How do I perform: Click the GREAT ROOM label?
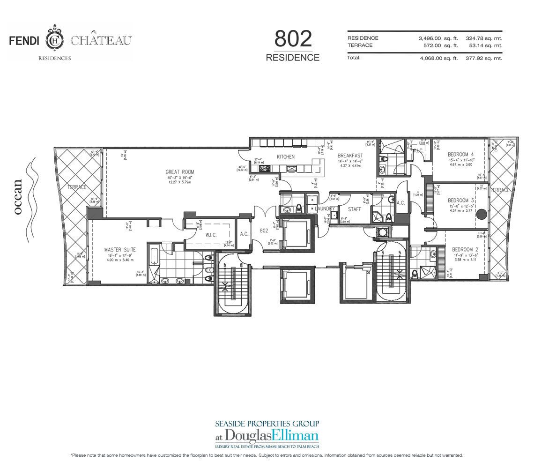coord(179,172)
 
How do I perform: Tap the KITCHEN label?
coord(285,156)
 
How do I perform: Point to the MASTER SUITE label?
coord(117,250)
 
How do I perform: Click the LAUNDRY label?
coord(326,209)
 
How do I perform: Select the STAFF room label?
coord(354,209)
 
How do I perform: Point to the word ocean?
coord(18,197)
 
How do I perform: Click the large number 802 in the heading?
coord(292,39)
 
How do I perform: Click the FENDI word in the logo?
coord(26,41)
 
